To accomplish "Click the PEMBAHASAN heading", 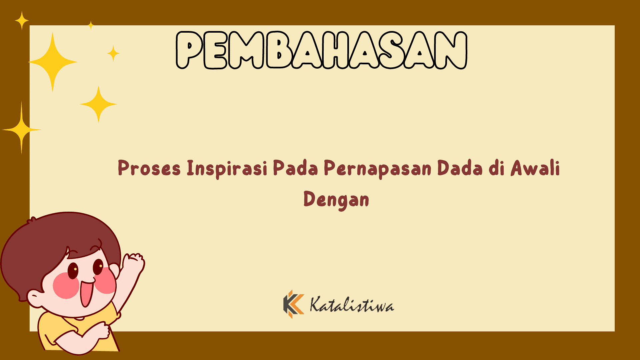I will click(x=321, y=50).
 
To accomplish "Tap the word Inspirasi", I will click(x=227, y=168).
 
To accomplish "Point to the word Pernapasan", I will click(x=377, y=168).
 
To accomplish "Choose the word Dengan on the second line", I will click(x=336, y=200).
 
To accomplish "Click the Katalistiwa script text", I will click(x=352, y=305).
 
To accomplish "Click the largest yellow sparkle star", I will click(x=52, y=62).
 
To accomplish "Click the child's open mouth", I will click(x=86, y=293).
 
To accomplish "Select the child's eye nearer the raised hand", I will click(x=98, y=267).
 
